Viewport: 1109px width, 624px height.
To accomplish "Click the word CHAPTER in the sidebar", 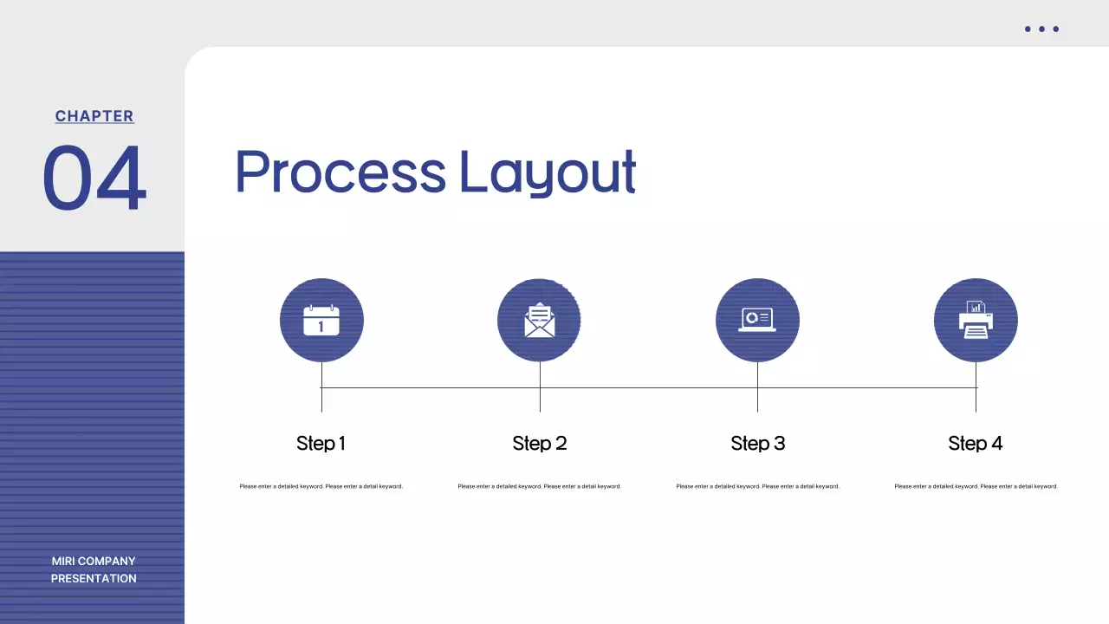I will coord(94,116).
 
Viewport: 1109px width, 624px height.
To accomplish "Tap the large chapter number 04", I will coord(94,179).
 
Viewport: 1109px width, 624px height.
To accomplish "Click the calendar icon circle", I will coord(321,321).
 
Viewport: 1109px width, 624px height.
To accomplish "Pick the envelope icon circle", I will coord(539,321).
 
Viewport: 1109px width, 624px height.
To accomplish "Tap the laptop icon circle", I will coord(757,321).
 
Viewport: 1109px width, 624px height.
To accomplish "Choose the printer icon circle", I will coord(976,321).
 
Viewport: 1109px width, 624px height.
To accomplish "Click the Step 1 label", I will coord(321,444).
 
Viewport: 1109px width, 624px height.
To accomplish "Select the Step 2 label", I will coord(539,444).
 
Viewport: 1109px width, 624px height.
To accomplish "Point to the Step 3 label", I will coord(757,444).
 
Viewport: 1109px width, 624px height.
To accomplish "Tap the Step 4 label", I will coord(975,444).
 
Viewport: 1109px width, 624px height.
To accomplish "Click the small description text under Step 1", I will coord(321,486).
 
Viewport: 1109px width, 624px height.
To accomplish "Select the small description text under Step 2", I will coord(539,486).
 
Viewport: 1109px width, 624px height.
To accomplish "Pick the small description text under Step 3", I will coord(757,486).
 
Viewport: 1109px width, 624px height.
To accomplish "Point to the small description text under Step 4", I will coord(976,486).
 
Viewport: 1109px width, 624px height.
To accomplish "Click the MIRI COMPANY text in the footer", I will coord(94,561).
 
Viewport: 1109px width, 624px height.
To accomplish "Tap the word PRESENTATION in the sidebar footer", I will coord(94,578).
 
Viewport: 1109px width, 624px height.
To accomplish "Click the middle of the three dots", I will coord(1041,29).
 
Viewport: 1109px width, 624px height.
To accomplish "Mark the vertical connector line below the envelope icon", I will coord(540,387).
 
